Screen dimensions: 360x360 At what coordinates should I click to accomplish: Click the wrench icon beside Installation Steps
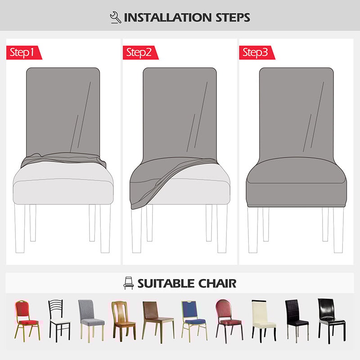116,18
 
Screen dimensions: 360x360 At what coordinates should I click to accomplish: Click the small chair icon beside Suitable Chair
128,283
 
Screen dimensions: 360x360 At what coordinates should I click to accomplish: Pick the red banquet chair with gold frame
27,319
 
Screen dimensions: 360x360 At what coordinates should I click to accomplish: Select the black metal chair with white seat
58,319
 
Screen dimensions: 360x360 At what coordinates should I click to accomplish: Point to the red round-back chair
227,318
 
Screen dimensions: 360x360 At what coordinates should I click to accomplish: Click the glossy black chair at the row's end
331,318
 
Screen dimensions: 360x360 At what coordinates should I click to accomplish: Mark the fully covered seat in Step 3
296,178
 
